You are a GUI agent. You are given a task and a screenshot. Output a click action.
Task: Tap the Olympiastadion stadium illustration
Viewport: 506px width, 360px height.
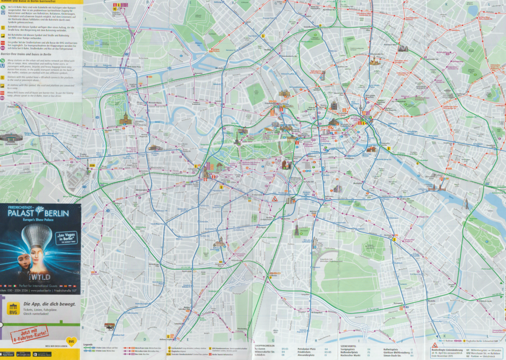[11, 138]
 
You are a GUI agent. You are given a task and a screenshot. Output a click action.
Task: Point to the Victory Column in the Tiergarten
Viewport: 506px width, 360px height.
[237, 140]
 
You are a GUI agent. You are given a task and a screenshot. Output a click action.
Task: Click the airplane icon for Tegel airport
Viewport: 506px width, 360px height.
[116, 5]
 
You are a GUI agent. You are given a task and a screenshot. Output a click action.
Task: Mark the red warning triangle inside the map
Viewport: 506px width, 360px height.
[274, 198]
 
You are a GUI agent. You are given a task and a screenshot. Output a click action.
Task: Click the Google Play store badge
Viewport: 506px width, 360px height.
[23, 354]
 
